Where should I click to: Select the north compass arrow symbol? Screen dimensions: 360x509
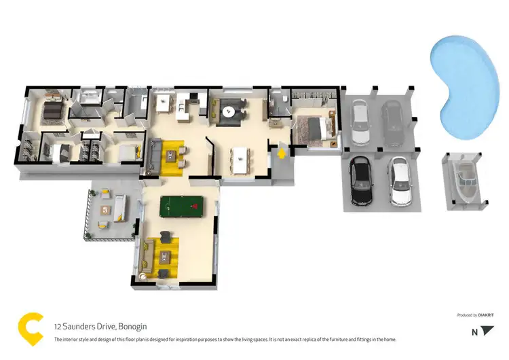[487, 331]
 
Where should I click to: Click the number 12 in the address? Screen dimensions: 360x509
[58, 325]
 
